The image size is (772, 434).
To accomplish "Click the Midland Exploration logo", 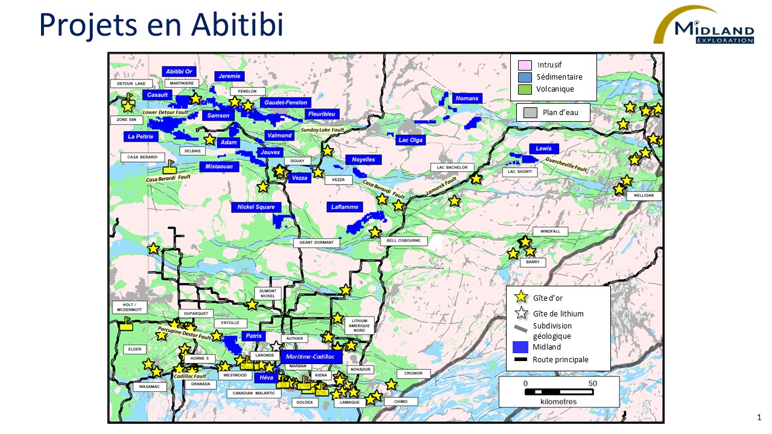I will click(x=705, y=25).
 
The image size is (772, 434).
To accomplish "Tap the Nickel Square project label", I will click(x=256, y=207).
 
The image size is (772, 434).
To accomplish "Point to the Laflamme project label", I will click(x=344, y=207).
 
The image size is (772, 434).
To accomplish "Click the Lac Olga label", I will click(x=411, y=140).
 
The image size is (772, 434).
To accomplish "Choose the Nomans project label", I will click(x=467, y=98).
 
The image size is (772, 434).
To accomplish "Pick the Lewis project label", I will click(x=543, y=148).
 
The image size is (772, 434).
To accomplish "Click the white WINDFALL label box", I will click(x=550, y=231).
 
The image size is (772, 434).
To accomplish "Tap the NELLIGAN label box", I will click(x=644, y=196).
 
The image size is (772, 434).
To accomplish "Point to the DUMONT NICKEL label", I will click(x=267, y=294).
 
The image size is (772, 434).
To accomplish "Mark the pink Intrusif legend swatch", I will click(x=525, y=65).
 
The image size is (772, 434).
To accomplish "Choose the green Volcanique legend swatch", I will click(x=525, y=89).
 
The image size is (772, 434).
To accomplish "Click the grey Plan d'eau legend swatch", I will click(x=530, y=113).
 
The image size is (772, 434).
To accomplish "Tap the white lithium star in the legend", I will click(x=520, y=313).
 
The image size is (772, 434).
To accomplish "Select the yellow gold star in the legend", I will click(x=520, y=297).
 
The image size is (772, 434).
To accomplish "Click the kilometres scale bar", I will click(x=558, y=392).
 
